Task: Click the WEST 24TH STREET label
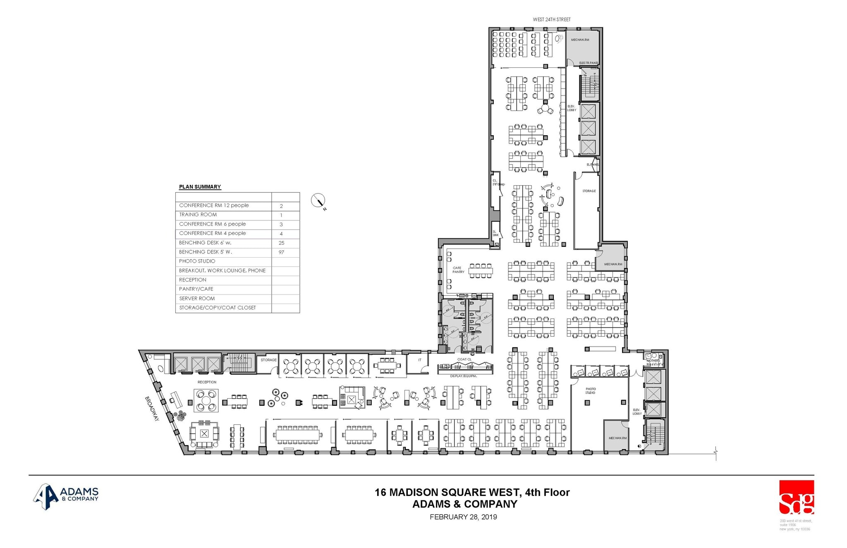[x=551, y=19]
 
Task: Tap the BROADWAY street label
[x=152, y=409]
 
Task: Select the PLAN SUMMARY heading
[x=200, y=187]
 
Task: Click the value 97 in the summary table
[x=281, y=252]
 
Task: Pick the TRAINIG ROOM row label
[x=198, y=215]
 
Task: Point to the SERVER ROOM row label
[x=197, y=299]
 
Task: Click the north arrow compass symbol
[x=318, y=201]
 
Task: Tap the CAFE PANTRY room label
[x=458, y=270]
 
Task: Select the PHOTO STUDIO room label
[x=591, y=391]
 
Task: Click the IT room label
[x=419, y=360]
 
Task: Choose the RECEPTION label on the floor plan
[x=207, y=382]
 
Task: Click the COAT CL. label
[x=464, y=359]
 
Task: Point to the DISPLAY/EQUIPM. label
[x=464, y=376]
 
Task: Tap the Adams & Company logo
[x=66, y=496]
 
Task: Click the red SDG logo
[x=797, y=498]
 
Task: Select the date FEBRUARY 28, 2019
[x=463, y=517]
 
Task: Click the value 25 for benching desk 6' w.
[x=281, y=243]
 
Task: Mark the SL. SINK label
[x=495, y=233]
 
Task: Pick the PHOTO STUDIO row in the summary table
[x=197, y=261]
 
